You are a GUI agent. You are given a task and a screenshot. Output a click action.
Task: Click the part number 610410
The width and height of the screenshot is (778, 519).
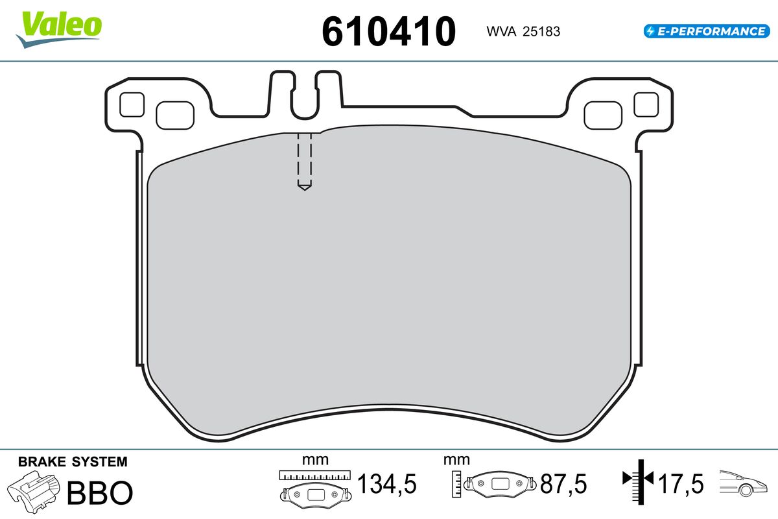(388, 31)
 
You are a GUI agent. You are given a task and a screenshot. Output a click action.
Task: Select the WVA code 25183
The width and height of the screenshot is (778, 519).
(541, 32)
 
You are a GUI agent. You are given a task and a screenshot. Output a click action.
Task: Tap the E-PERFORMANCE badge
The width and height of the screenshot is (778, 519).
(707, 31)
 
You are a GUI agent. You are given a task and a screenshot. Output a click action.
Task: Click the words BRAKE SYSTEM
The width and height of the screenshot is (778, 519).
(73, 462)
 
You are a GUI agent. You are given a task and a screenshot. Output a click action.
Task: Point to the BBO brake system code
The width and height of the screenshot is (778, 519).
(100, 492)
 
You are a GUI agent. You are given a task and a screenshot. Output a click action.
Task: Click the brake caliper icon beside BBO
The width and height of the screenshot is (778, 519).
(33, 492)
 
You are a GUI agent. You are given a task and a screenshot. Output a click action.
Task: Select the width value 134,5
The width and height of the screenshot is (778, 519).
(387, 484)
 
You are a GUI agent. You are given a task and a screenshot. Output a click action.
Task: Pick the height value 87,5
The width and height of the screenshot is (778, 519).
(563, 484)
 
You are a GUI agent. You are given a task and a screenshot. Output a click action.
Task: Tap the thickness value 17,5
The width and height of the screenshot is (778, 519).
(681, 484)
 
